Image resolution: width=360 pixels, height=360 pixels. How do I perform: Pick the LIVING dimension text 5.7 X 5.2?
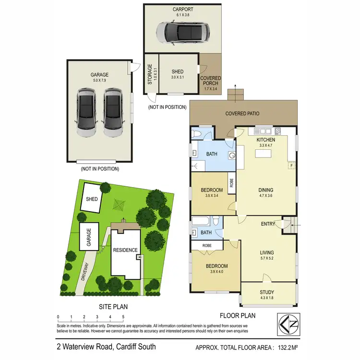267,259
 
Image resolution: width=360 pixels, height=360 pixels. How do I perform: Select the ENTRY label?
268,224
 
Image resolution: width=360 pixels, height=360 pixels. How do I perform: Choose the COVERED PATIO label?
243,114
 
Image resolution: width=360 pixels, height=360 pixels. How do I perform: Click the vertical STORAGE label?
150,74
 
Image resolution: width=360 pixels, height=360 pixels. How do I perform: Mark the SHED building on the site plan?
91,198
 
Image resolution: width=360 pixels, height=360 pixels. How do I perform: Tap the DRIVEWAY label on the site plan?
85,275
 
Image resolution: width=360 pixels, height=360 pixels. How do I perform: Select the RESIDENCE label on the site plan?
125,250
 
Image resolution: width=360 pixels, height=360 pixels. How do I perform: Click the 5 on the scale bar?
123,317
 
